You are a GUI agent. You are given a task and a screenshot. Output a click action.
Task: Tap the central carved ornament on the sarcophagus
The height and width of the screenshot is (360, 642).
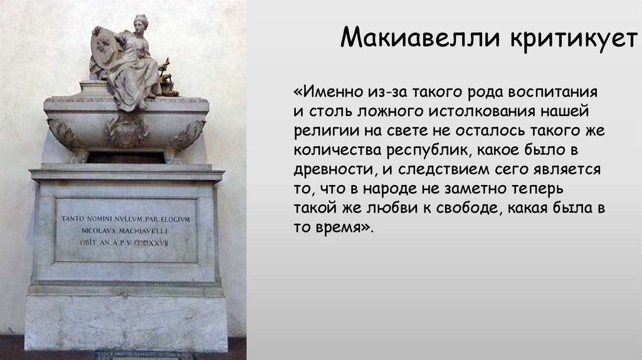click(126, 129)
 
